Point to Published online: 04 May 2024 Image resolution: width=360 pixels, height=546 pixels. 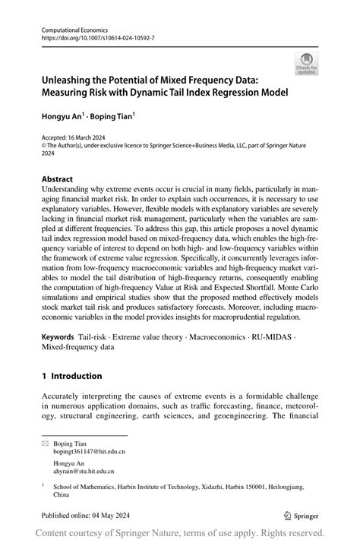tap(88, 514)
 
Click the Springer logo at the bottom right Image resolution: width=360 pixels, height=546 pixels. tap(302, 514)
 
